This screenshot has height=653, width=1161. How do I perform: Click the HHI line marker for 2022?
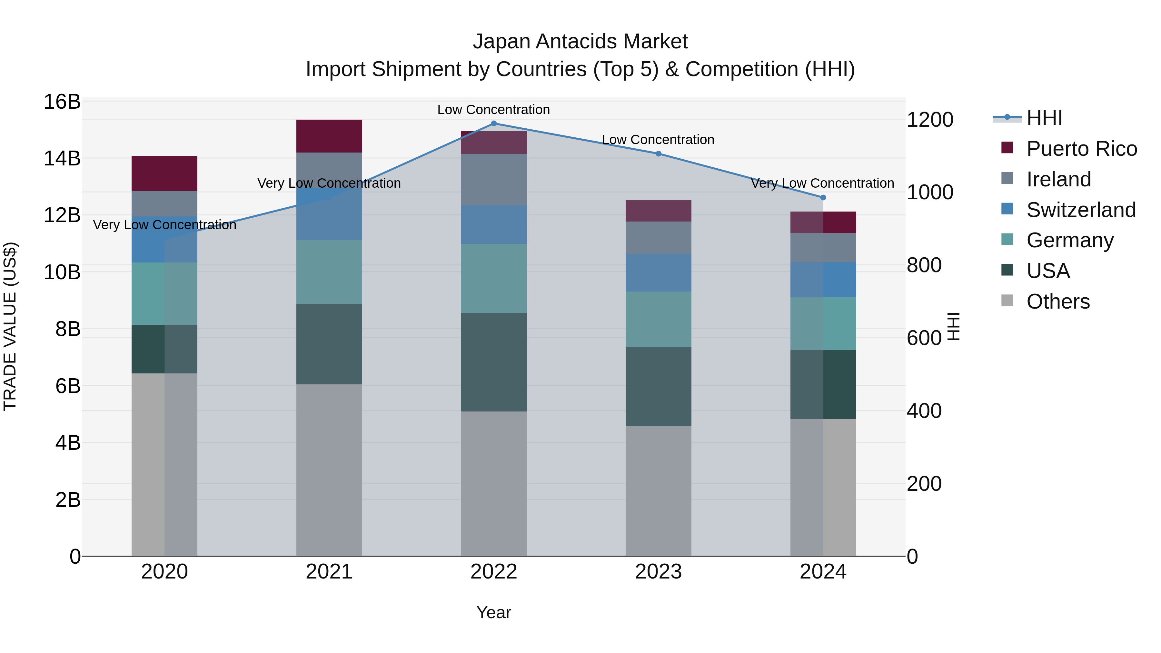click(493, 124)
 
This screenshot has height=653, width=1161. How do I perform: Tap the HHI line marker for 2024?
click(823, 197)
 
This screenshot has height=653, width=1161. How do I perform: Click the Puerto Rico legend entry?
click(1081, 149)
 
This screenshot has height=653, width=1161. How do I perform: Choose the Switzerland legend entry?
click(1081, 210)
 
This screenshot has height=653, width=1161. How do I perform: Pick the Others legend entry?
click(1058, 302)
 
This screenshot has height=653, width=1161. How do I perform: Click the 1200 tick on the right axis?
click(930, 120)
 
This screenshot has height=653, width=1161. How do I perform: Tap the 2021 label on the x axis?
click(329, 572)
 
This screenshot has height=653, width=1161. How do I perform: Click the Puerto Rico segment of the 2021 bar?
click(329, 136)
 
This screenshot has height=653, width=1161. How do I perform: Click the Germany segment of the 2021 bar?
click(329, 272)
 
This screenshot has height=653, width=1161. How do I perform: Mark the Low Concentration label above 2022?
click(493, 110)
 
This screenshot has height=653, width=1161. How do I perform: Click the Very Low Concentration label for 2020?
click(164, 225)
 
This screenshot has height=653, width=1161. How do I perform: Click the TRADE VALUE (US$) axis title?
click(10, 326)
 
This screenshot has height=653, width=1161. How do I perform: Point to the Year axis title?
click(493, 612)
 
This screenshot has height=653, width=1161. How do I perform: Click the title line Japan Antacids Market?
click(580, 42)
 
